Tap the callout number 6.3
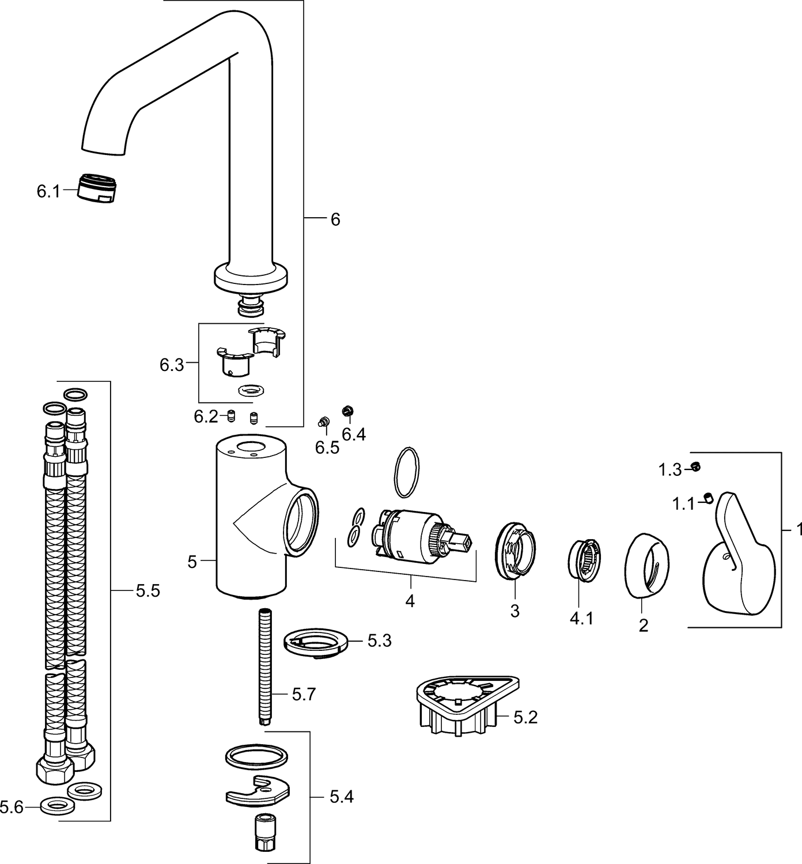[172, 365]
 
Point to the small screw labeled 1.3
[695, 467]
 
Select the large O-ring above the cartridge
[406, 472]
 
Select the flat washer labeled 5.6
[57, 806]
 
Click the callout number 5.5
[148, 591]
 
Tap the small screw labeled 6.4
[347, 410]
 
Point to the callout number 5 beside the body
[192, 562]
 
